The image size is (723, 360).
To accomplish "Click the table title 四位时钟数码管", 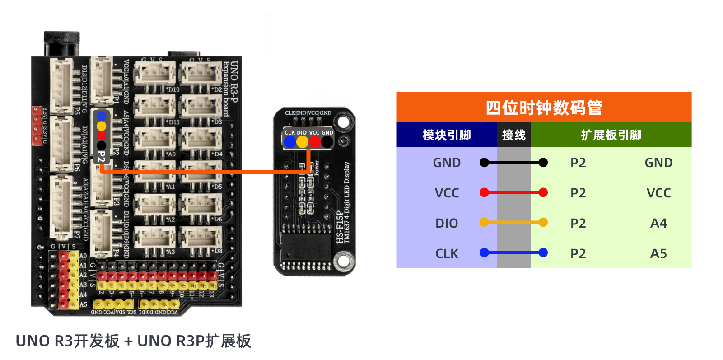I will coord(544,108).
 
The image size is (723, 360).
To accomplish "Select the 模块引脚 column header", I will coord(447,135).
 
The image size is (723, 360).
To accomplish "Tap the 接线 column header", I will coord(513,135).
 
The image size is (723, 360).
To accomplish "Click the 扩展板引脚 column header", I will coord(611,135).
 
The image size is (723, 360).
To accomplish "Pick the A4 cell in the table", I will coord(658,223).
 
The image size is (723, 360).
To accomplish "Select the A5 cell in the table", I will coord(658,253).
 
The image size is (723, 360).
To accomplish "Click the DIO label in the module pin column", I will coord(447,223).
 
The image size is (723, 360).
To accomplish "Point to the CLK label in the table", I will coord(447,253).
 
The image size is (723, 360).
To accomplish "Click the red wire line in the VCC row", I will coord(513,193).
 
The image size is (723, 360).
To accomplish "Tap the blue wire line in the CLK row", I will coord(513,253).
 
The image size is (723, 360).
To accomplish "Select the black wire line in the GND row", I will coord(513,163).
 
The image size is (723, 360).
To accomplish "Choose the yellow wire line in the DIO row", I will coord(513,223).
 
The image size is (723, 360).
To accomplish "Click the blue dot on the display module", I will coord(289,142).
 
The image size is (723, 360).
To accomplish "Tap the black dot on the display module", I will coord(327,142).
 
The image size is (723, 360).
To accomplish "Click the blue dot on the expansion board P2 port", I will coord(102,116).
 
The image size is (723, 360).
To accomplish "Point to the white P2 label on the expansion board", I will coord(102,157).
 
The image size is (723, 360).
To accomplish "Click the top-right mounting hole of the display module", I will coord(343,122).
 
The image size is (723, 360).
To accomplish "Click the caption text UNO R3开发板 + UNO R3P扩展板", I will coord(133,341).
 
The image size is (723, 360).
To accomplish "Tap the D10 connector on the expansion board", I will coord(155,74).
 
